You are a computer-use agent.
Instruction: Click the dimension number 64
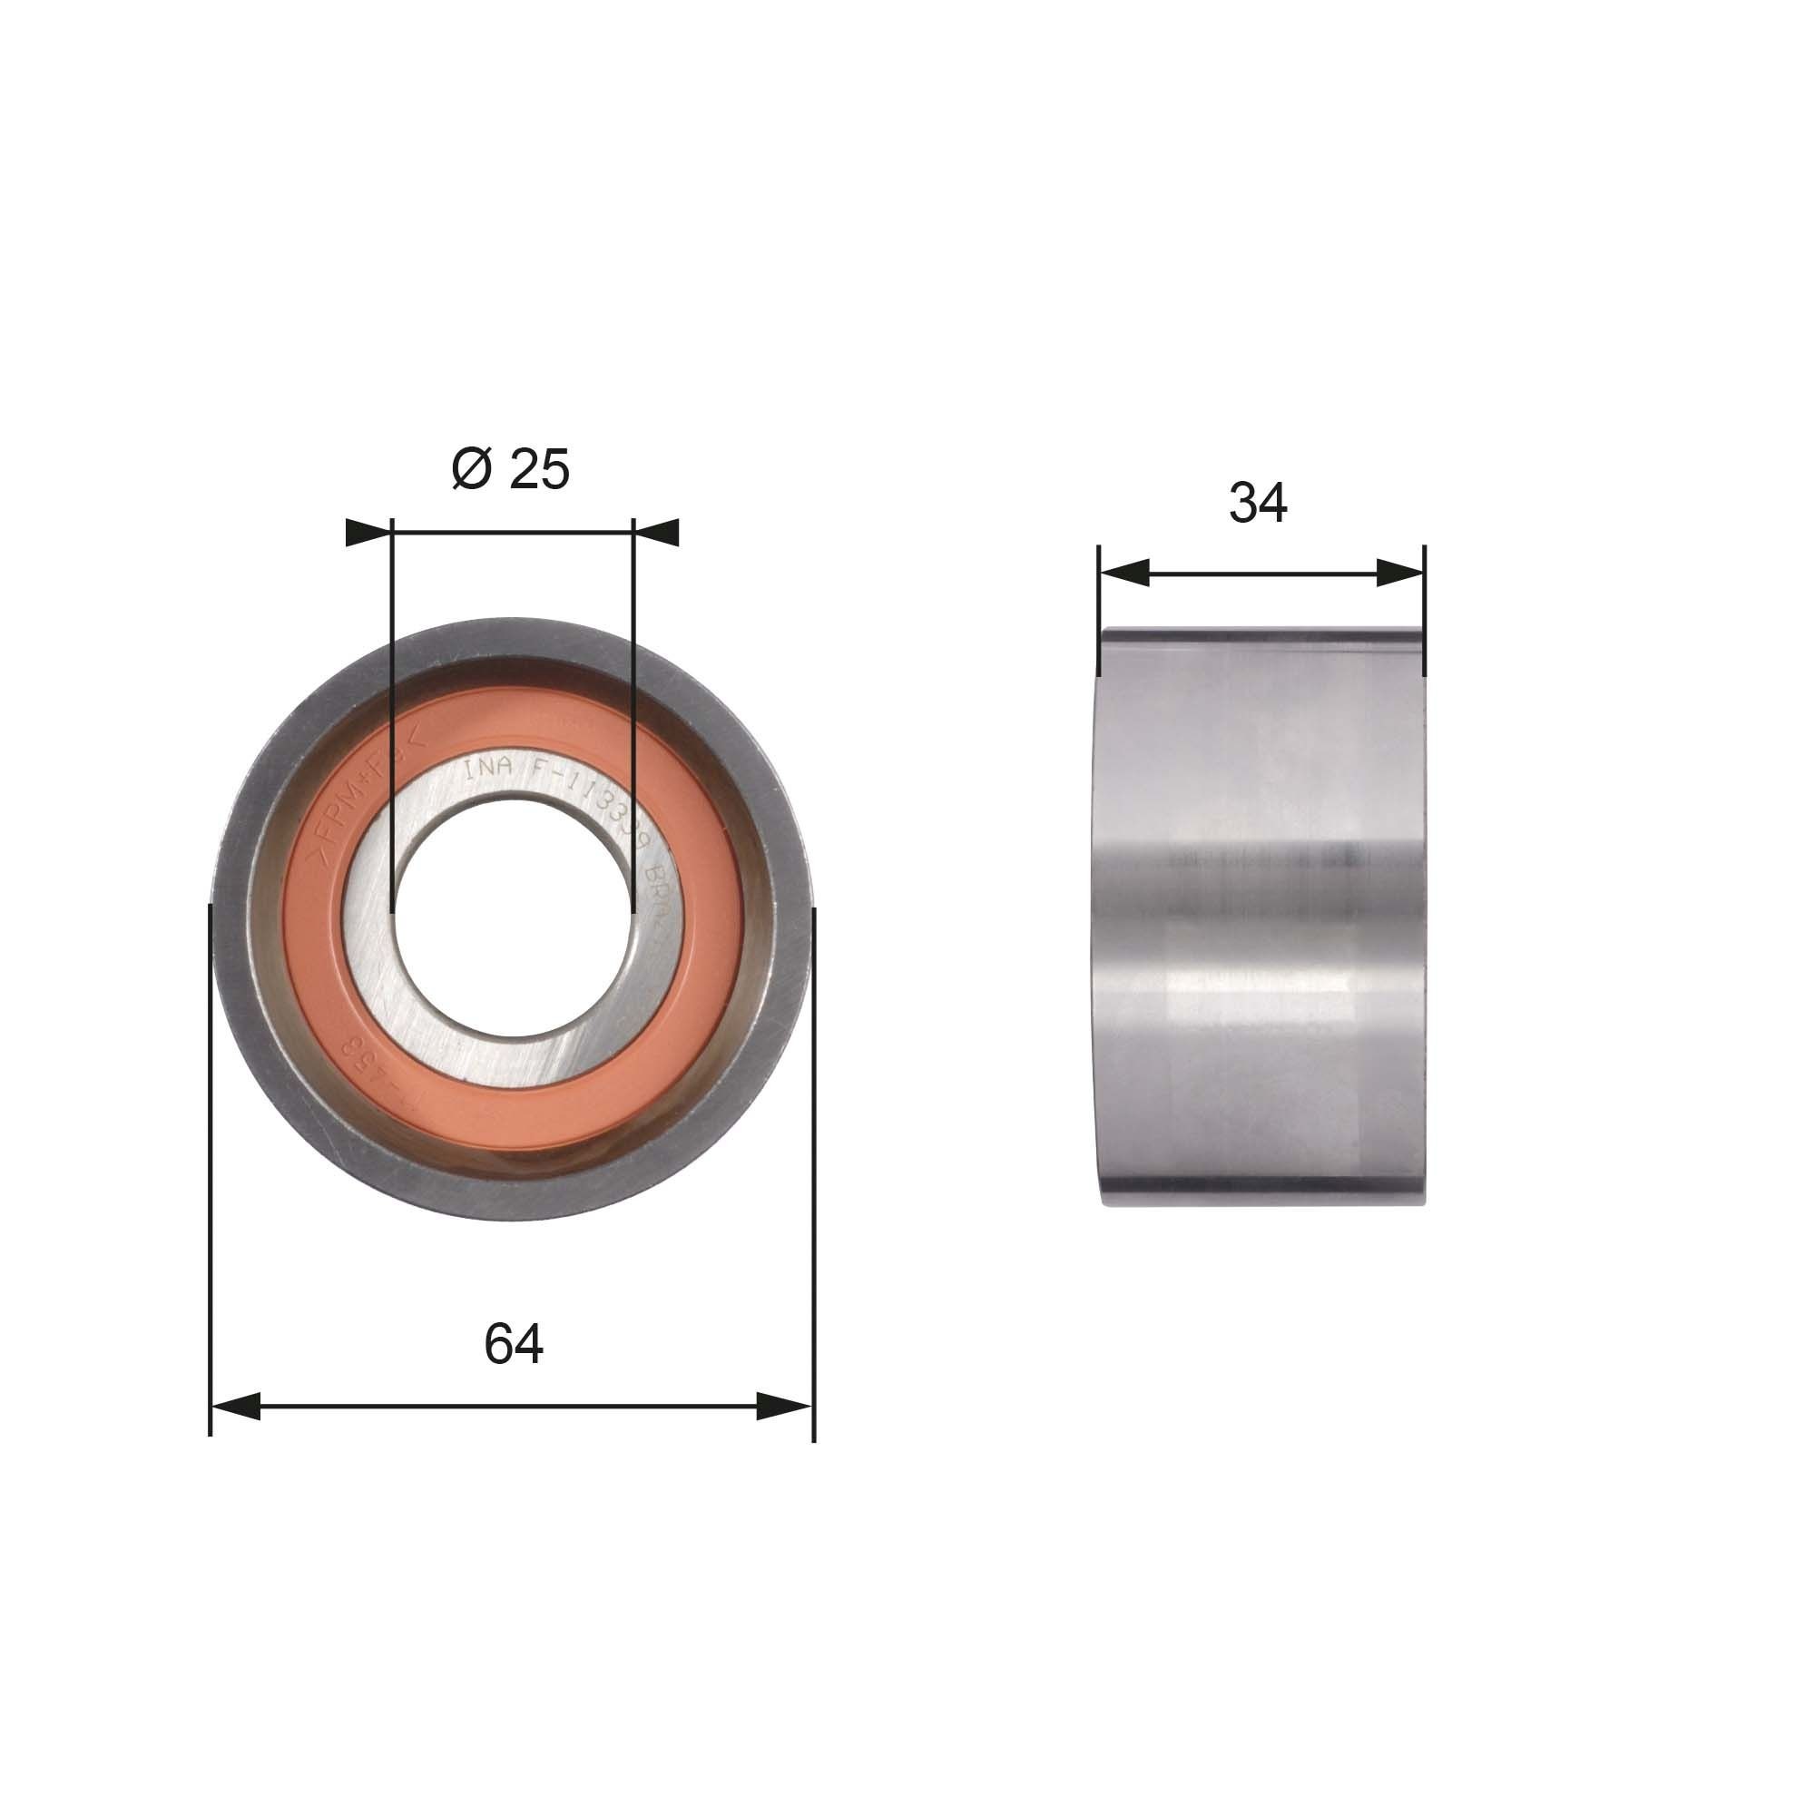click(x=513, y=1344)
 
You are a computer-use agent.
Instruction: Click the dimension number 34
click(x=1258, y=503)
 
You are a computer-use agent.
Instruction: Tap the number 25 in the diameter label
click(x=539, y=469)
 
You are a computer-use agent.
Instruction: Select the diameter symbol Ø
click(x=472, y=469)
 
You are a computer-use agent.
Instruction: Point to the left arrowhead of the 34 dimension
click(x=1124, y=572)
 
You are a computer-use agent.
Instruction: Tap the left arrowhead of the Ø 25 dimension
click(x=369, y=533)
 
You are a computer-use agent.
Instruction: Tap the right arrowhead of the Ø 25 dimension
click(x=657, y=533)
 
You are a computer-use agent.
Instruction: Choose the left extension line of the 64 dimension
click(x=210, y=1174)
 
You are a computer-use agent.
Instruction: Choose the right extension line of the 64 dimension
click(x=813, y=1174)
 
